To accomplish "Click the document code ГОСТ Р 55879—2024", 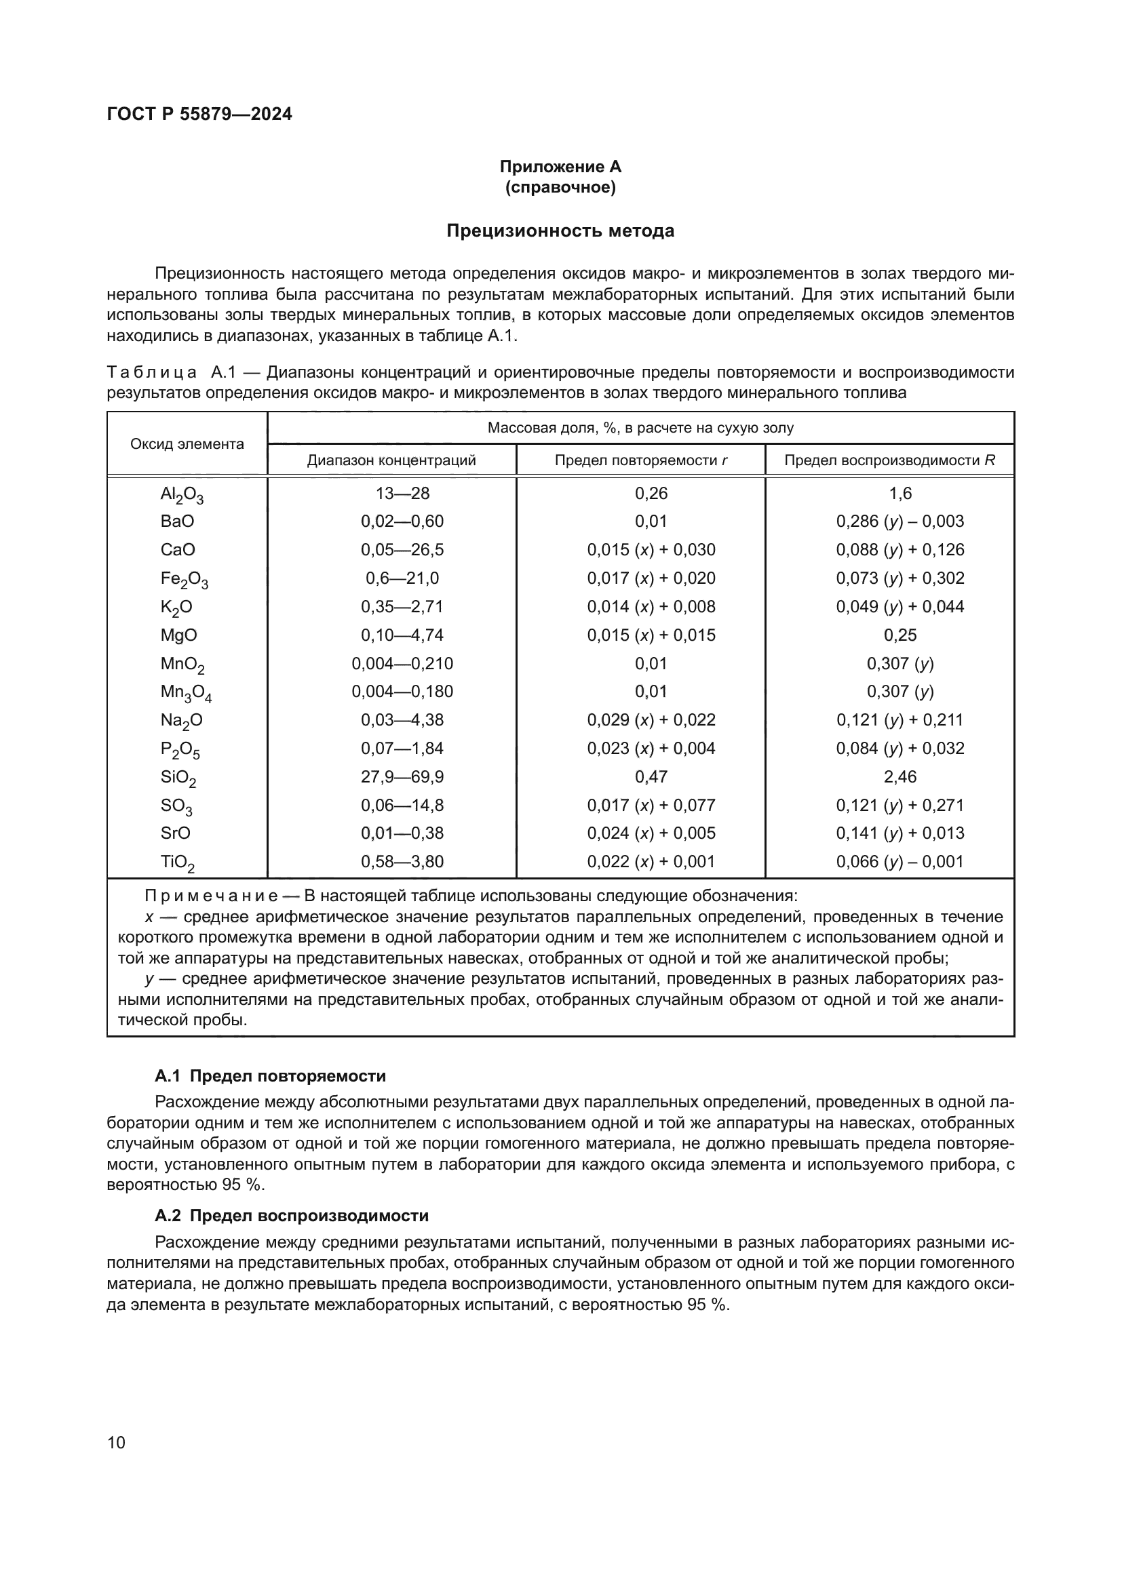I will click(x=199, y=114).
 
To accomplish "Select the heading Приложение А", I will click(x=560, y=167).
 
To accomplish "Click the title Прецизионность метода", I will click(x=560, y=231).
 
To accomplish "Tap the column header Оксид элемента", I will click(x=187, y=444).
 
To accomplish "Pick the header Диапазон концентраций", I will click(x=391, y=460).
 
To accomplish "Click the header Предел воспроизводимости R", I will click(x=890, y=460).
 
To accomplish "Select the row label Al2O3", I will click(x=182, y=494).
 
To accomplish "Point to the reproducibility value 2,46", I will click(x=899, y=777).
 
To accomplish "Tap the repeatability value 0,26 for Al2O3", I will click(x=651, y=493).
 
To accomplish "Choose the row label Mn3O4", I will click(x=186, y=693).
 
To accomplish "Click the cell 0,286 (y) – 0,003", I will click(x=899, y=521).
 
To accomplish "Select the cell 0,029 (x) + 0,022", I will click(x=651, y=721).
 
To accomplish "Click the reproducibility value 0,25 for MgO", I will click(x=899, y=635).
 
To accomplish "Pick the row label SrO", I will click(x=176, y=834).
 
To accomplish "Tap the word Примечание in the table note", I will click(x=212, y=896).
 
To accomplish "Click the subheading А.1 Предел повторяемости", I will click(x=270, y=1076).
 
